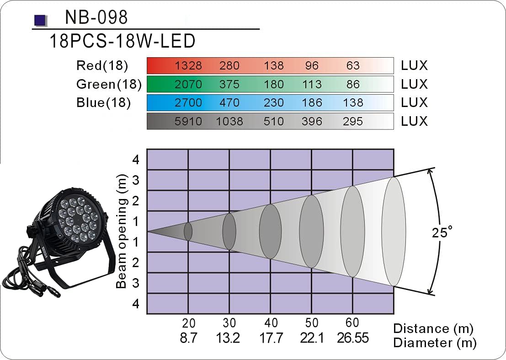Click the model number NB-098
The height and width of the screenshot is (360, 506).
pyautogui.click(x=96, y=18)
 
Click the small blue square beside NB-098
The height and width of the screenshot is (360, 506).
pyautogui.click(x=40, y=20)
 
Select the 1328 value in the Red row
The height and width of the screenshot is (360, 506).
pyautogui.click(x=188, y=66)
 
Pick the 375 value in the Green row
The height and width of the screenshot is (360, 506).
pyautogui.click(x=229, y=84)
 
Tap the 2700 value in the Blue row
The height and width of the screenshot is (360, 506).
pyautogui.click(x=188, y=102)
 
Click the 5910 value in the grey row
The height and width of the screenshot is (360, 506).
pyautogui.click(x=188, y=121)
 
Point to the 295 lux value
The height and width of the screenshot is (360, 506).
pyautogui.click(x=352, y=121)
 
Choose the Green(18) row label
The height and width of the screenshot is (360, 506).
pyautogui.click(x=109, y=84)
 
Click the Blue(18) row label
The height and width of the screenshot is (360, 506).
pyautogui.click(x=104, y=102)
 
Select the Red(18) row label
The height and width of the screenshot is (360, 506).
pyautogui.click(x=102, y=66)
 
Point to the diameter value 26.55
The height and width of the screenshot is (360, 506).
pyautogui.click(x=353, y=338)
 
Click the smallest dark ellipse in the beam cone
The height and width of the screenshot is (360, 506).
pyautogui.click(x=188, y=231)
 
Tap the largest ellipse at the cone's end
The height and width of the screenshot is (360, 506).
pyautogui.click(x=394, y=231)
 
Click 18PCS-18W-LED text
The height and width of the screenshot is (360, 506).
pyautogui.click(x=123, y=41)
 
